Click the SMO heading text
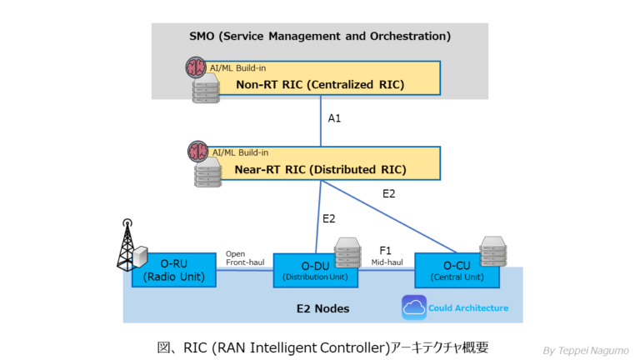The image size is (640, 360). (319, 36)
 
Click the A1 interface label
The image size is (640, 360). (334, 118)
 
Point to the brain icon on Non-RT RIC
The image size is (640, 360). (197, 66)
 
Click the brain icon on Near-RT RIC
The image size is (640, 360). (197, 151)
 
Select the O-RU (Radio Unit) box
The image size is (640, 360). (174, 270)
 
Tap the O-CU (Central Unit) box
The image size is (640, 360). (456, 270)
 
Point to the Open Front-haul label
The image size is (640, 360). (245, 257)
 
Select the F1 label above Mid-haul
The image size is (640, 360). (386, 249)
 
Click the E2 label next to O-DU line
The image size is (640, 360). (328, 219)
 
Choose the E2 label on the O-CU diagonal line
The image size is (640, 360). (388, 194)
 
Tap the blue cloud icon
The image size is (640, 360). (413, 307)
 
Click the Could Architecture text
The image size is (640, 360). (468, 308)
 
